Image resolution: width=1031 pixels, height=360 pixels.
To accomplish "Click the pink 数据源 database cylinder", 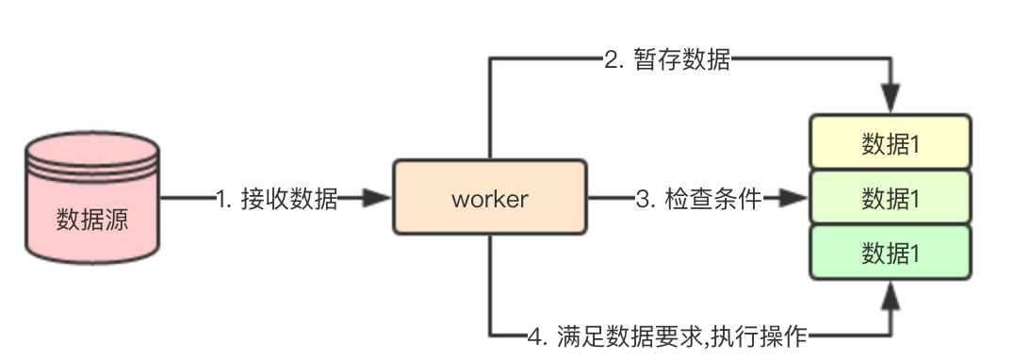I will click(92, 203).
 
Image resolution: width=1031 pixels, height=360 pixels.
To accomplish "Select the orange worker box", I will click(489, 199).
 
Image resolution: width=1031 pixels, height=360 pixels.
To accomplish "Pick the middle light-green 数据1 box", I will click(891, 197).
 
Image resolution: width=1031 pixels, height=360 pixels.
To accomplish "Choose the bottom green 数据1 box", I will click(891, 252).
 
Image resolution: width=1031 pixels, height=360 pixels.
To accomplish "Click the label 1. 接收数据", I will click(276, 199).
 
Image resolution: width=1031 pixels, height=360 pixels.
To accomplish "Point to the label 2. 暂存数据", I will click(667, 61).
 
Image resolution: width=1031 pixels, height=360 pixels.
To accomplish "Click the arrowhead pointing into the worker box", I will click(379, 199).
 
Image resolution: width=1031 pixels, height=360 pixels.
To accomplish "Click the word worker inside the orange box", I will click(489, 199).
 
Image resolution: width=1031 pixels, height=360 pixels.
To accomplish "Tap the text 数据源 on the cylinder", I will click(92, 221).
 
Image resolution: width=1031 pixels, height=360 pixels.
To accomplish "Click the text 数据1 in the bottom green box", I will click(891, 252).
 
